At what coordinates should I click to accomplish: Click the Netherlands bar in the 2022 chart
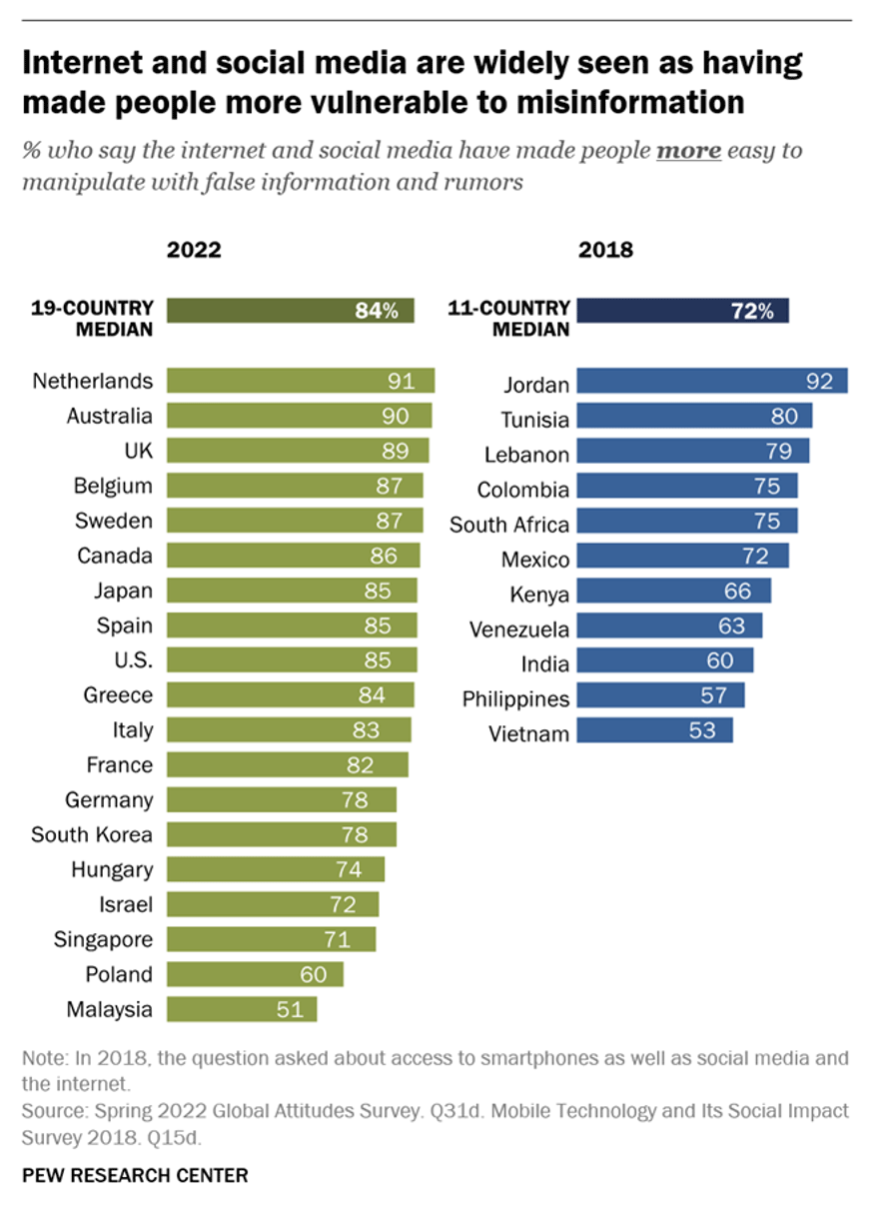tap(300, 381)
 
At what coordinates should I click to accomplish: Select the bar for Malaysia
tap(241, 1009)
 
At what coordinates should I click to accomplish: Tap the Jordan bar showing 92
tap(712, 381)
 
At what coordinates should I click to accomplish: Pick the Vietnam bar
tap(654, 730)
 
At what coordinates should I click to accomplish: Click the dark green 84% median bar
tap(290, 310)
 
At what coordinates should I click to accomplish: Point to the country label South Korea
tap(92, 834)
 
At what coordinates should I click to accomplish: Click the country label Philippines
tap(515, 699)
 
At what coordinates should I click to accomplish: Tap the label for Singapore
tap(103, 939)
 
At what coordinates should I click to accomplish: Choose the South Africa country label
tap(509, 525)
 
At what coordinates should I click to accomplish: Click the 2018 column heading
tap(605, 250)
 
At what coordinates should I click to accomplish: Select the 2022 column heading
tap(194, 250)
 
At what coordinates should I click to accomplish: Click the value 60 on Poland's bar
tap(314, 974)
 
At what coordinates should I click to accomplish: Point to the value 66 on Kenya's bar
tap(737, 591)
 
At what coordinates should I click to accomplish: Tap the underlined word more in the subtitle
tap(688, 151)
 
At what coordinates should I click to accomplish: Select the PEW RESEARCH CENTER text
tap(134, 1176)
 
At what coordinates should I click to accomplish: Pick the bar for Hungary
tap(275, 869)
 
